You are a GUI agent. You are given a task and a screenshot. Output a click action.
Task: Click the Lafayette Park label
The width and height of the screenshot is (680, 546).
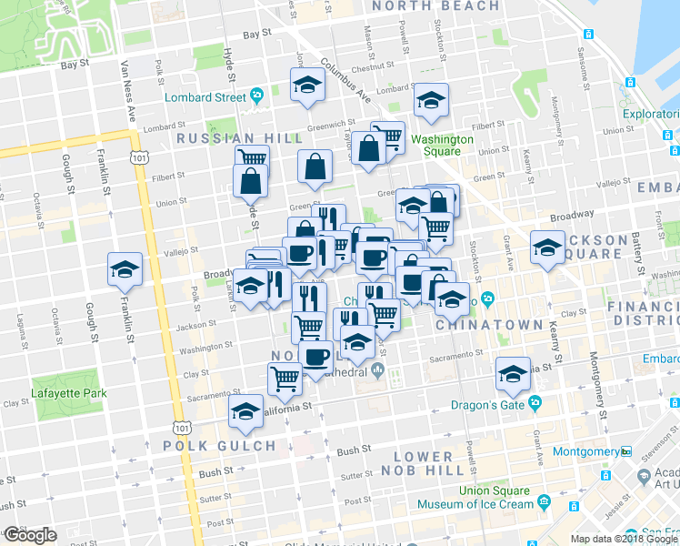pos(68,393)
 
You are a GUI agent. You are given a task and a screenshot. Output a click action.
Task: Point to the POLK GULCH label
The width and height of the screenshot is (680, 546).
pos(219,446)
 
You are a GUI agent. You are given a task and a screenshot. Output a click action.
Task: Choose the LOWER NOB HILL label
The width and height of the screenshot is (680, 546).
pos(424,463)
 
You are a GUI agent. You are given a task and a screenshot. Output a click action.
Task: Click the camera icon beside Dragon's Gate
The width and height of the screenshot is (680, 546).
pos(535,401)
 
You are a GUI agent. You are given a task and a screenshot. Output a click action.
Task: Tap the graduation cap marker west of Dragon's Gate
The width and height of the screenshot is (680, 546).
pos(513,372)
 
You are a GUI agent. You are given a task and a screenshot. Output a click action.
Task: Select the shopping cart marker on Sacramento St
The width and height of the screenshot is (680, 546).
pos(285,379)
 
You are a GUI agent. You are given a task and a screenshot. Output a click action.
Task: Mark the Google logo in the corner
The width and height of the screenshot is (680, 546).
pos(29,535)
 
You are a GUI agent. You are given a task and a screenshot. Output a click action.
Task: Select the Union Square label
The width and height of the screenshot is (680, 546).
pos(493,491)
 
